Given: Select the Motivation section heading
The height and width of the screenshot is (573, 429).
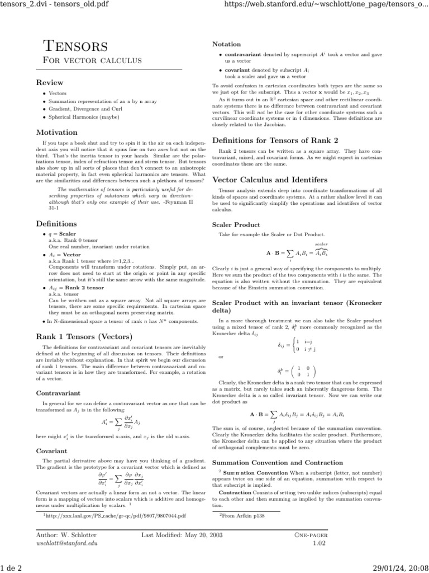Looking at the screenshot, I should pos(56,133).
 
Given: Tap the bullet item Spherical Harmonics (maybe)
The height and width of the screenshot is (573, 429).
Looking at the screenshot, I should pos(78,118).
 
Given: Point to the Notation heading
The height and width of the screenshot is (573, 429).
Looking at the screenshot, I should pos(227,44).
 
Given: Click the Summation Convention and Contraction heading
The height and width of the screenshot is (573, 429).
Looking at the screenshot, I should pos(278,463).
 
